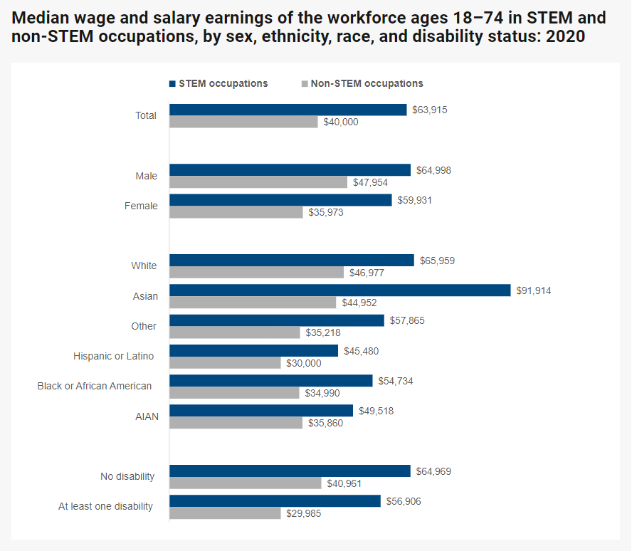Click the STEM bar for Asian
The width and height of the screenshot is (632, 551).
339,290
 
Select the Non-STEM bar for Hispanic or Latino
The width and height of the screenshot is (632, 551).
225,363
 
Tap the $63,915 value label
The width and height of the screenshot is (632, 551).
430,110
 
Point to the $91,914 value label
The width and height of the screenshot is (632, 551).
534,290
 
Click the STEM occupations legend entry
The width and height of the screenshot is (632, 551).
218,83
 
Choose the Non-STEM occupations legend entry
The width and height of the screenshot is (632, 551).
362,83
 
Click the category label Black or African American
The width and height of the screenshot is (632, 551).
95,386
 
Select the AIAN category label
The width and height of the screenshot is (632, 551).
147,416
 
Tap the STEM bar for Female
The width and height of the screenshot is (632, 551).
280,200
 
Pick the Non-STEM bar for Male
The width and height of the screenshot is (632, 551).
258,182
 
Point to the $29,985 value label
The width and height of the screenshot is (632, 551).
304,513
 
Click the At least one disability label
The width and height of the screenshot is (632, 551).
105,506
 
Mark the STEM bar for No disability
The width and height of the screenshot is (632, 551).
290,471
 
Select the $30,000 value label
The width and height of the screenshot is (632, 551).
304,363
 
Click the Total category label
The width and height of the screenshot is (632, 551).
146,115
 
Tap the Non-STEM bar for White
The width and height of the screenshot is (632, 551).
256,273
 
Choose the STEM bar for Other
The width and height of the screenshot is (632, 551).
276,320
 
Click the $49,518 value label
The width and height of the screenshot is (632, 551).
376,411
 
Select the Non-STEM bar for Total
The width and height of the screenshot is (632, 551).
243,122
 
